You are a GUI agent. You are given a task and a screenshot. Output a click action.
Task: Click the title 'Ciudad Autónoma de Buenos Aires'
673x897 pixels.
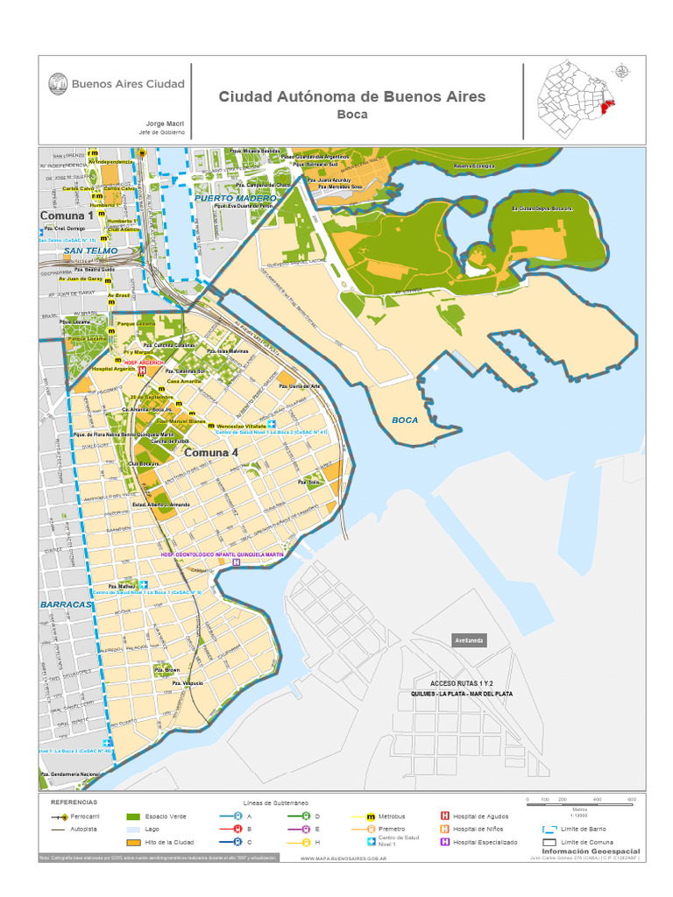[351, 96]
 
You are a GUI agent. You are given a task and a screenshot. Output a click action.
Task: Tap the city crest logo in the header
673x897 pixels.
[58, 84]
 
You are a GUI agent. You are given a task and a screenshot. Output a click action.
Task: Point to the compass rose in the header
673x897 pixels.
[621, 73]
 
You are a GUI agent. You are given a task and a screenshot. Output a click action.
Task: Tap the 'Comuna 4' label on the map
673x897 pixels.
[211, 453]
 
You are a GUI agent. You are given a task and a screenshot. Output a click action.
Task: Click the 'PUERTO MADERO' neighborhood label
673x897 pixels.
[236, 199]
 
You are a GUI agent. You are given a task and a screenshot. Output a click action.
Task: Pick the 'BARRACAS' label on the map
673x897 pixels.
[66, 604]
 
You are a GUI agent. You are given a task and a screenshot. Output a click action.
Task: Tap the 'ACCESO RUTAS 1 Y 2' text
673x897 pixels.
[462, 682]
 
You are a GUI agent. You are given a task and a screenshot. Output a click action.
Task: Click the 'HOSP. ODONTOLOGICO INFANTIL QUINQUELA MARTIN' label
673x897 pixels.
[223, 554]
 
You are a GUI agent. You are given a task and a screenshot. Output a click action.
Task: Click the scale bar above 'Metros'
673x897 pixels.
[579, 801]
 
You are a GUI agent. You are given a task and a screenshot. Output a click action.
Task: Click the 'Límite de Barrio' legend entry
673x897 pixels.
[582, 829]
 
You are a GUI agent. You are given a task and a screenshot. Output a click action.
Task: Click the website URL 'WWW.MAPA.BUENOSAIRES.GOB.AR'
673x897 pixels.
[344, 859]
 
